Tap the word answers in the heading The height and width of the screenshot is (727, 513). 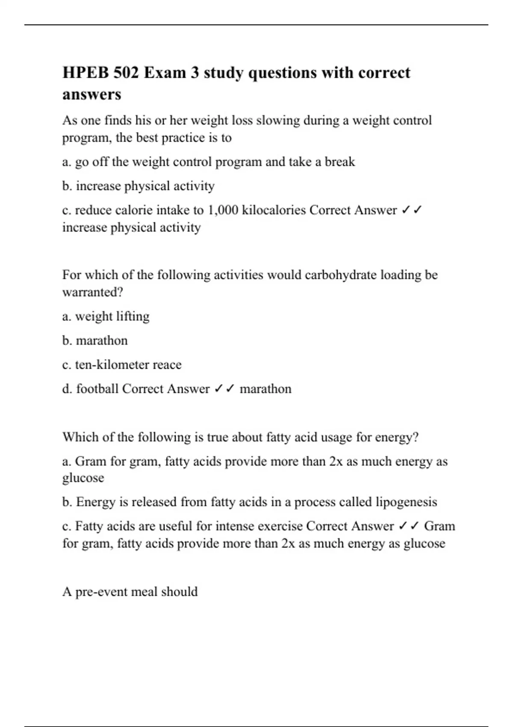click(92, 94)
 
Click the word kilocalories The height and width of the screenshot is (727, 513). click(274, 210)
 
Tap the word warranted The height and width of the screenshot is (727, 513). click(92, 293)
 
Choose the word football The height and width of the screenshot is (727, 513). click(97, 389)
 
